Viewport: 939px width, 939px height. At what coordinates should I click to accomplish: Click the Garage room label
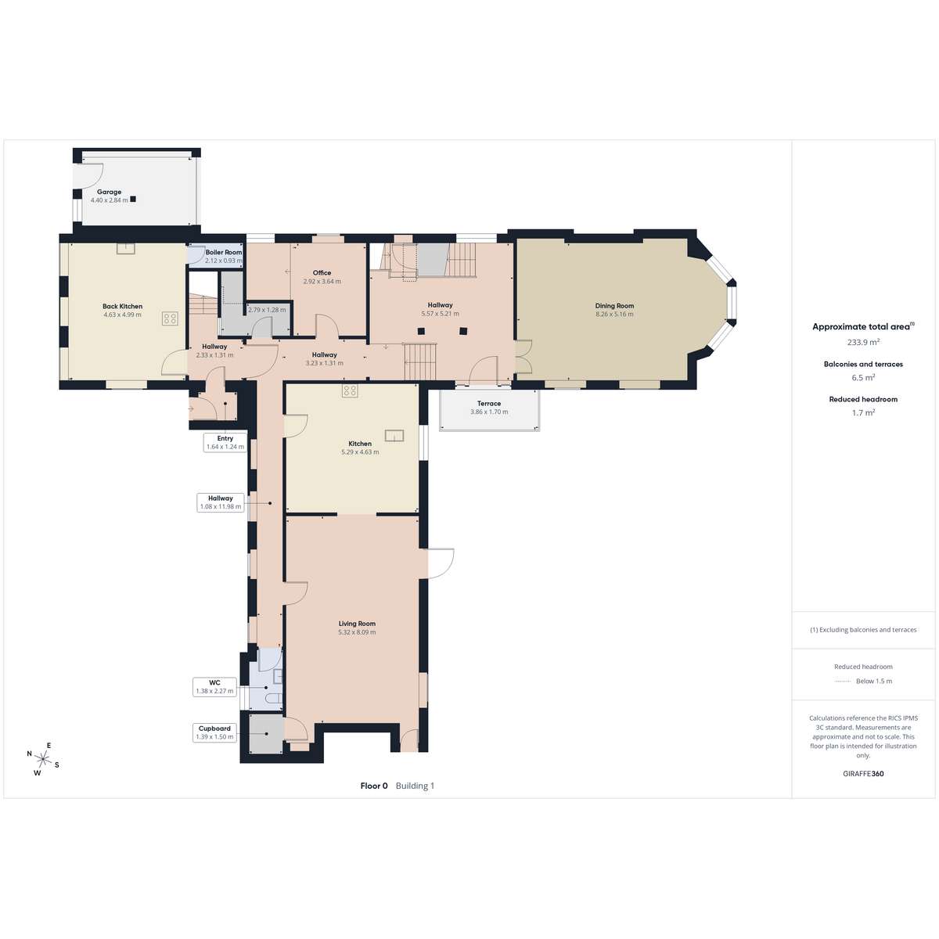click(x=109, y=192)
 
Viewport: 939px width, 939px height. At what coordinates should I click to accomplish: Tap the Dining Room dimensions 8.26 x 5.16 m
click(x=614, y=315)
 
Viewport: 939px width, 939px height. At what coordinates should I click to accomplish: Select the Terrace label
click(x=489, y=404)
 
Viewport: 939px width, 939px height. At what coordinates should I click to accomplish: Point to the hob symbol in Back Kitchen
click(x=170, y=318)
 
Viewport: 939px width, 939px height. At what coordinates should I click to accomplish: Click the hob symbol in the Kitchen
click(x=350, y=390)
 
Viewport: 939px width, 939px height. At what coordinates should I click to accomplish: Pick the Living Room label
click(x=357, y=623)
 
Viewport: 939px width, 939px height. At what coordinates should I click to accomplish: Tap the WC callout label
click(x=214, y=682)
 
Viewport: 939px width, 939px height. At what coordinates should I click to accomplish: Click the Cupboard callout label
click(x=214, y=729)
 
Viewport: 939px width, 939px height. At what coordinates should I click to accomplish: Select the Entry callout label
click(x=225, y=438)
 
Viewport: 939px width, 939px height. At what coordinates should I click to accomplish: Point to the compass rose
click(x=43, y=759)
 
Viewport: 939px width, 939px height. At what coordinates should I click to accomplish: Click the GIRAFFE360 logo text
click(x=863, y=773)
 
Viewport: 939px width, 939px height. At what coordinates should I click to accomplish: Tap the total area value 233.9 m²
click(x=863, y=342)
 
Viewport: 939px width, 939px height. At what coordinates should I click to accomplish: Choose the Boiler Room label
click(x=224, y=252)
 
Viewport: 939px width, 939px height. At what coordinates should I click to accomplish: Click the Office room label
click(x=322, y=272)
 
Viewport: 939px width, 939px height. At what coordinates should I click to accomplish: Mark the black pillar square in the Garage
click(x=132, y=199)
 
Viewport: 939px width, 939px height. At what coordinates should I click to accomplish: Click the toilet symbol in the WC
click(x=273, y=699)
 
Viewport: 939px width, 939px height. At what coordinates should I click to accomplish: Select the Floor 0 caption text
click(x=374, y=786)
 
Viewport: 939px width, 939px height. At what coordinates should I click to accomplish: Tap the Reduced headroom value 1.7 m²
click(x=863, y=412)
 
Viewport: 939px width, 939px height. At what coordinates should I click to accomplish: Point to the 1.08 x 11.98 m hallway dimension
click(x=220, y=506)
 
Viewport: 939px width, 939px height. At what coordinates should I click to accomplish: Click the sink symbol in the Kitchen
click(x=394, y=436)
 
